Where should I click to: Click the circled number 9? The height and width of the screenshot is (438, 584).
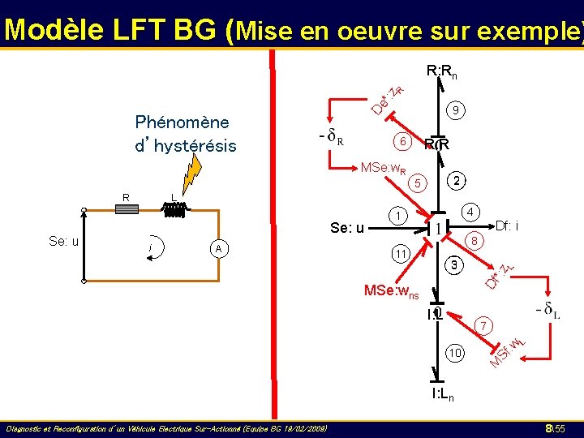(x=457, y=109)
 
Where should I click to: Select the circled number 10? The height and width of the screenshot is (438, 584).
(x=455, y=354)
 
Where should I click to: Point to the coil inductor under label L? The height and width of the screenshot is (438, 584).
(x=174, y=209)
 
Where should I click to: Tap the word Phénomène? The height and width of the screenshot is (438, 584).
(x=182, y=122)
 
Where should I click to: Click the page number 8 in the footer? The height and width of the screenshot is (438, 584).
(x=549, y=427)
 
